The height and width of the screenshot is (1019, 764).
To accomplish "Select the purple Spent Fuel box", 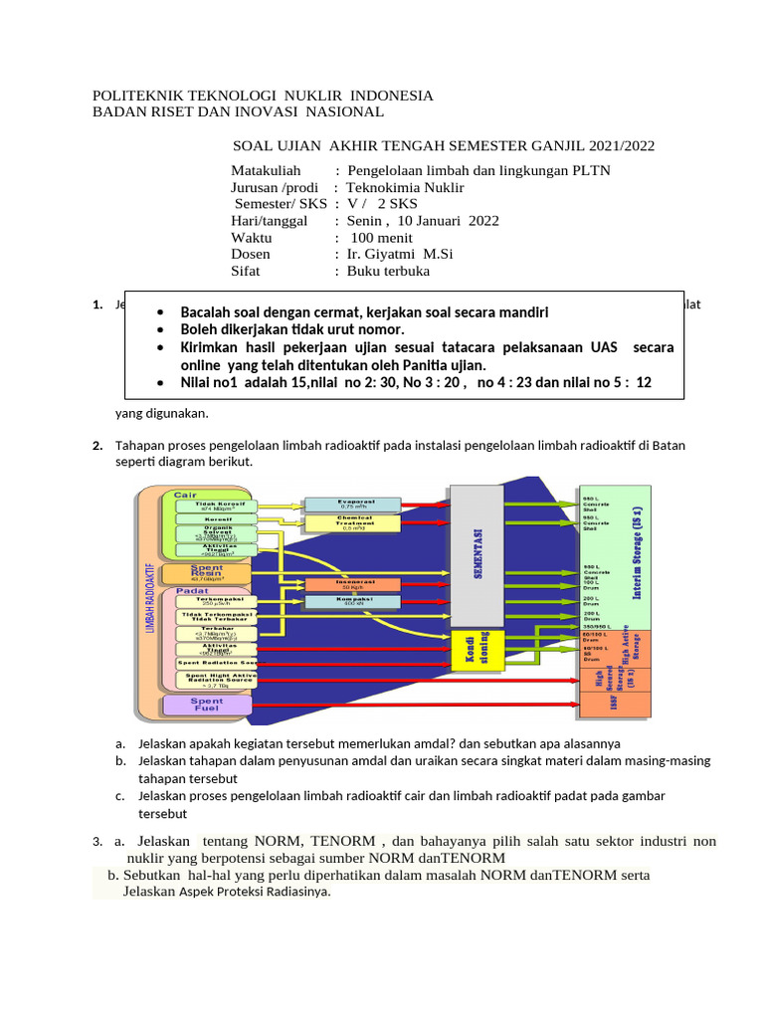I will pyautogui.click(x=206, y=705).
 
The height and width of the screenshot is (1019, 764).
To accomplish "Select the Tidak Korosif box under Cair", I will pyautogui.click(x=215, y=507).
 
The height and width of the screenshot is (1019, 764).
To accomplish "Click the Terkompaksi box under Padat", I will pyautogui.click(x=215, y=602).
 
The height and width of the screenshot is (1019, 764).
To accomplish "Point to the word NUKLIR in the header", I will pyautogui.click(x=302, y=96).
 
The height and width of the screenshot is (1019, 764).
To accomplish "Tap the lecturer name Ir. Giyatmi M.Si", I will pyautogui.click(x=398, y=254).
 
